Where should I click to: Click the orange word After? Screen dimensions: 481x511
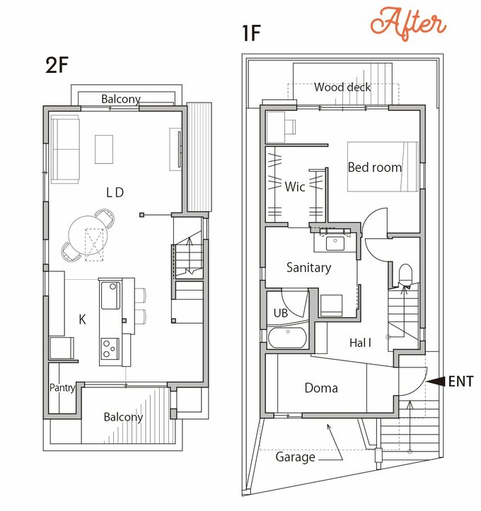[x=408, y=23]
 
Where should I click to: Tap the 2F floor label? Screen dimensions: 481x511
[x=57, y=65]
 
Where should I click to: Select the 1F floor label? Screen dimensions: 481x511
[x=251, y=33]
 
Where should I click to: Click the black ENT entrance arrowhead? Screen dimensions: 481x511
[x=436, y=381]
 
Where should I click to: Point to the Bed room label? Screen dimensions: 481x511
[x=375, y=168]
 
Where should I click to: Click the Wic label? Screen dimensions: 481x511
[x=295, y=187]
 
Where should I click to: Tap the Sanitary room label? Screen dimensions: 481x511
[x=309, y=268]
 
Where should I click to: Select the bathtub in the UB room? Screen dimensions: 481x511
[x=287, y=337]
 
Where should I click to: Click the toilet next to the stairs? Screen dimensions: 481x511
[x=405, y=275]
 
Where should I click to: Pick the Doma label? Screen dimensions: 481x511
[x=321, y=388]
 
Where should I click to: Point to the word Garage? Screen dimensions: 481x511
[x=296, y=457]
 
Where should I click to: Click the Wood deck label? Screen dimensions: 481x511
[x=342, y=87]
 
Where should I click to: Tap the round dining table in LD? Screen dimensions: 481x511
[x=88, y=235]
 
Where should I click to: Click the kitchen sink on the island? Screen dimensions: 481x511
[x=110, y=295]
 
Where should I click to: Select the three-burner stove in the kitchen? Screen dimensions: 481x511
[x=110, y=348]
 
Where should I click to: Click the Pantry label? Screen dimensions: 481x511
[x=62, y=388]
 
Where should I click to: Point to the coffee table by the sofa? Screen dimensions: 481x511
[x=104, y=149]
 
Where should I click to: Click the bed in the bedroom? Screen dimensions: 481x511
[x=383, y=166]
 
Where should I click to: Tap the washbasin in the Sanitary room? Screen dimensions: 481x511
[x=335, y=243]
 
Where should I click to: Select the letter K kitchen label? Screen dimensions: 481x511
[x=83, y=319]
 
